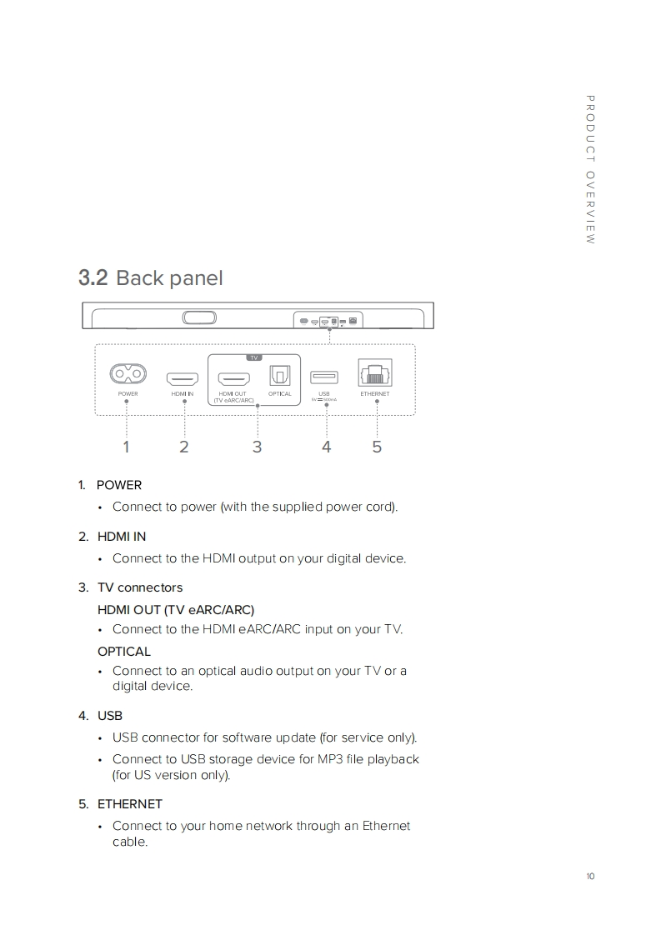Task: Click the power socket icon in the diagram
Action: coord(128,376)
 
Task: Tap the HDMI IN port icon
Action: coord(183,377)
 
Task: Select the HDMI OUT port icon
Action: coord(233,377)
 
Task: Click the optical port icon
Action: coord(279,377)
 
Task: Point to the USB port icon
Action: coord(324,377)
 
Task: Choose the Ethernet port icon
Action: coord(374,374)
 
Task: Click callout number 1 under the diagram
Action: coord(126,447)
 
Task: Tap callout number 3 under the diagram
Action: coord(257,447)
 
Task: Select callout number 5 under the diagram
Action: coord(377,447)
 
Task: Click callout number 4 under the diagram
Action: coord(326,447)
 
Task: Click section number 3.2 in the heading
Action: coord(93,277)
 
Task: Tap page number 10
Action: coord(590,876)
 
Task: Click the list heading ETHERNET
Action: coord(129,804)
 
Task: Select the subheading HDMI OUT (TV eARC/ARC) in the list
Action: coord(176,609)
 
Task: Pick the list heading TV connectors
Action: coord(139,587)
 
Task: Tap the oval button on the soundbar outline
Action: coord(198,318)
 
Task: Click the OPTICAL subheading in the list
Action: coord(124,652)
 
